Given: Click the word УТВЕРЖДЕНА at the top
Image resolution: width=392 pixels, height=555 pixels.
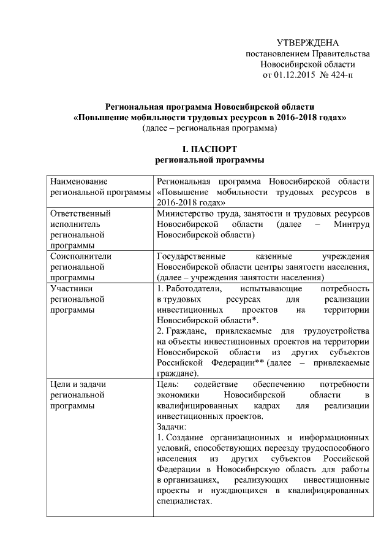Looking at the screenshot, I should (307, 43).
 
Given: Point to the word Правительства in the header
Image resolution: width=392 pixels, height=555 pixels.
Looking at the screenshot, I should (330, 54).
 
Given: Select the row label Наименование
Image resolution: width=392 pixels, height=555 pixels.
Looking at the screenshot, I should (79, 182).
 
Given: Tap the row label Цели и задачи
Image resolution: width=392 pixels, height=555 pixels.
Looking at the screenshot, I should (79, 384).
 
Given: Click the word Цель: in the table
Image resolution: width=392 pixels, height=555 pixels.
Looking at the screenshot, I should (168, 384).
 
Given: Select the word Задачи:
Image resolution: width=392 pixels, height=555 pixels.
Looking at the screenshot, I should (171, 426).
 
